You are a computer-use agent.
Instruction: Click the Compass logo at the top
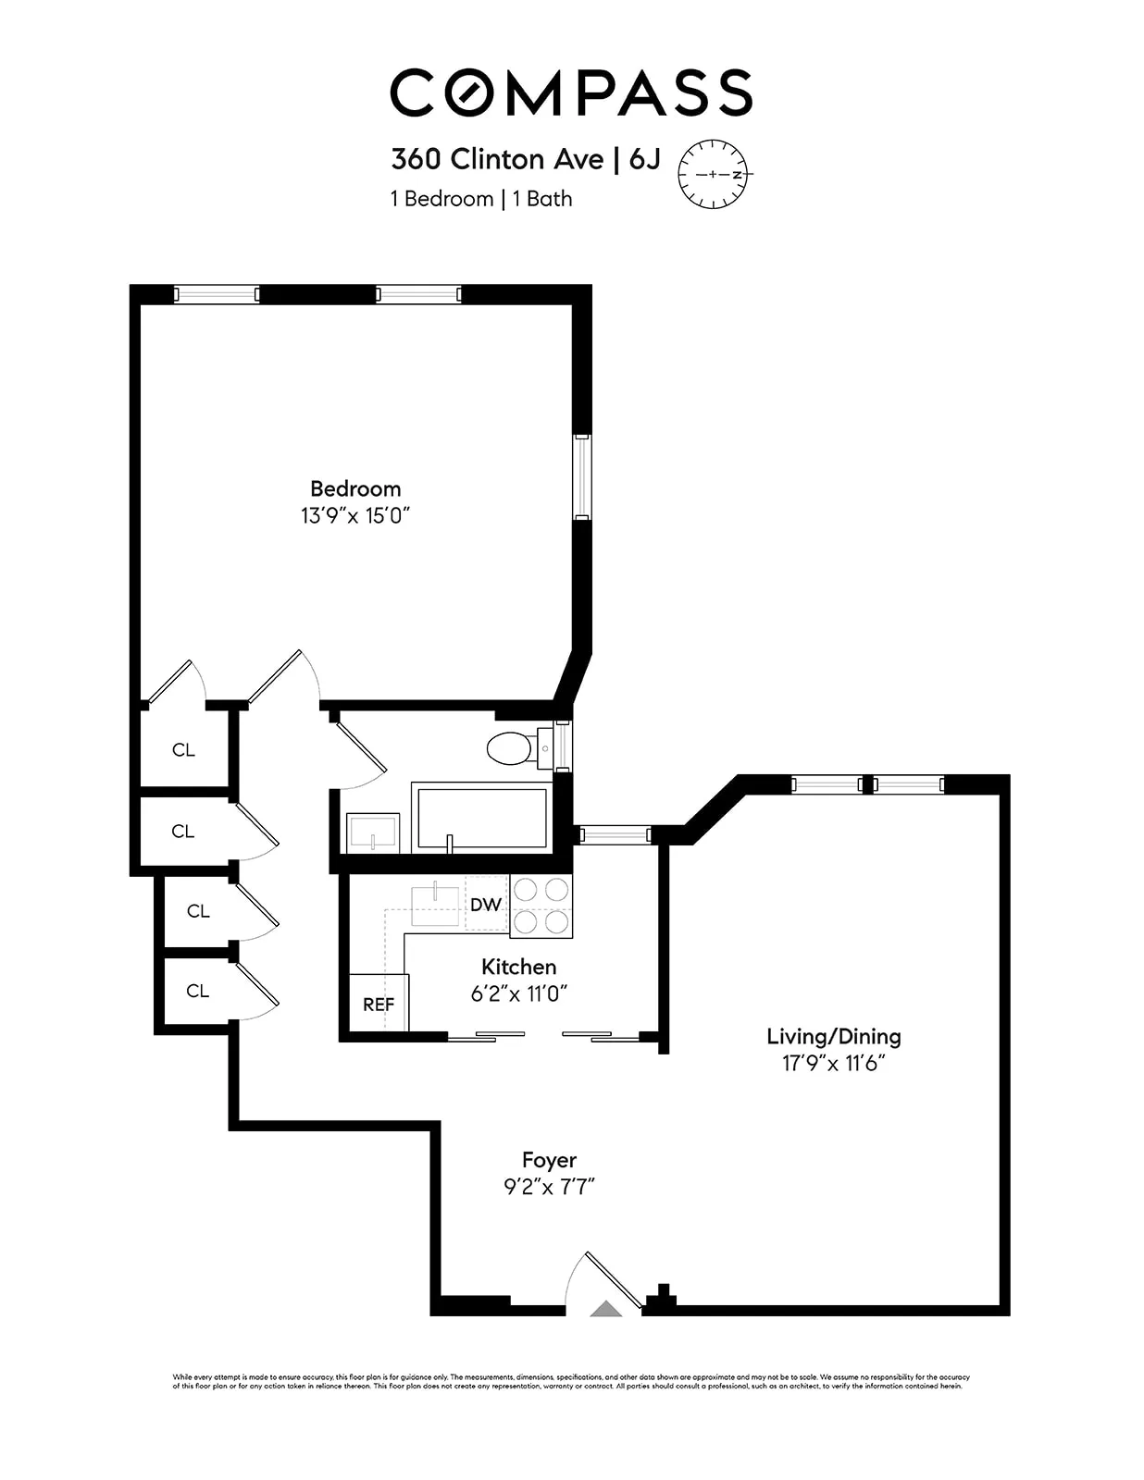pos(571,92)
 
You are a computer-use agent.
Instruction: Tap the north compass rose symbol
pos(713,174)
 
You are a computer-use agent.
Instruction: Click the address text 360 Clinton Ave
pos(496,159)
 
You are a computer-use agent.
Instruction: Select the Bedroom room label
pos(355,488)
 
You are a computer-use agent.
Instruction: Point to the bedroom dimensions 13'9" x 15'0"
pos(354,516)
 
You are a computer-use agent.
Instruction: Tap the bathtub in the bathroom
pos(481,817)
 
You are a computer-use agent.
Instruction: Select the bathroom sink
pos(373,832)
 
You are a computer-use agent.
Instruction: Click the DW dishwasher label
pos(486,905)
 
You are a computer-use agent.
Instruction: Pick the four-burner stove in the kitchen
pos(541,906)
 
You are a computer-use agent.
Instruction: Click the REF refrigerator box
pos(379,1004)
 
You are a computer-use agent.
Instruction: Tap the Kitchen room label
pos(518,967)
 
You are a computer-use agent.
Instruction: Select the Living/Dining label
pos(833,1036)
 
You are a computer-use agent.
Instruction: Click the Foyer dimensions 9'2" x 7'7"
pos(549,1187)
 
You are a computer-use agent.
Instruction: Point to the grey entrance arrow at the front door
pos(606,1308)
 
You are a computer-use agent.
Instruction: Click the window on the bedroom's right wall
pos(581,476)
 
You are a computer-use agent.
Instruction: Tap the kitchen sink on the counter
pos(435,905)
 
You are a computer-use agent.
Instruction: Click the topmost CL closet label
pos(183,750)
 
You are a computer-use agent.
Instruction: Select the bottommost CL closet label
pos(197,991)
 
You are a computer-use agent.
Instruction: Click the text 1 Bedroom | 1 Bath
pos(481,199)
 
